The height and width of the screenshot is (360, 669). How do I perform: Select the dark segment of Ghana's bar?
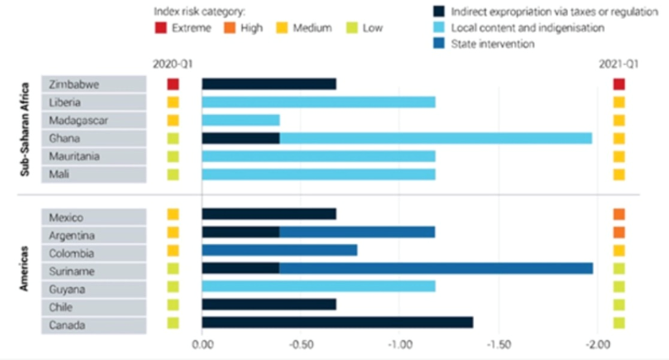240,139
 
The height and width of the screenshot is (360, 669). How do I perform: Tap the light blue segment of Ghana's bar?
436,139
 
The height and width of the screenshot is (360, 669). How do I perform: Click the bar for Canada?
337,323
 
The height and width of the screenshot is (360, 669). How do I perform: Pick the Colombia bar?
279,250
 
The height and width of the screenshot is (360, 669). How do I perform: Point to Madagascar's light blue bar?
240,121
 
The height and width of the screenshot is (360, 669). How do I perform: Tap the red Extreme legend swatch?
160,28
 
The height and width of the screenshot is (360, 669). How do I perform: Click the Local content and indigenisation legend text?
527,28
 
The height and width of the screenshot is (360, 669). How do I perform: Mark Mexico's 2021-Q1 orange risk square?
619,215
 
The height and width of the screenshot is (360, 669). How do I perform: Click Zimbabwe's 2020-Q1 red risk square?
173,84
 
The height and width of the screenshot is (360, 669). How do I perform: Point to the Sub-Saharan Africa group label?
25,130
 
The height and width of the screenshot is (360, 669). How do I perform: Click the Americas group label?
25,269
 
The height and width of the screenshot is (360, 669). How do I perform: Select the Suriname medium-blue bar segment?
436,268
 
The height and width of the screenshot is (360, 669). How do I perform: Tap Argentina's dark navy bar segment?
240,232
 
